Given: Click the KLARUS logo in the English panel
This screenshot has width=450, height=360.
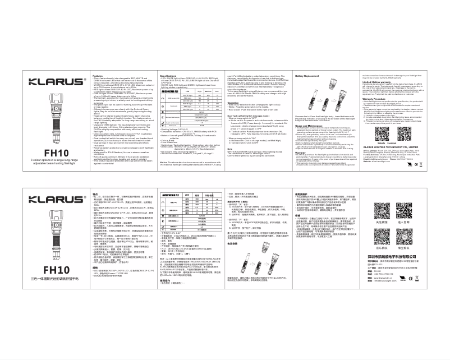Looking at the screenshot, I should point(56,80).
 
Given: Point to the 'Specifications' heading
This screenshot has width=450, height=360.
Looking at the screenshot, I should point(169,75).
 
